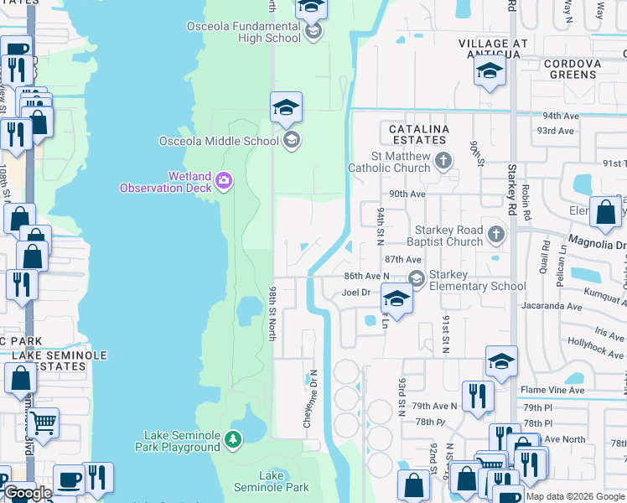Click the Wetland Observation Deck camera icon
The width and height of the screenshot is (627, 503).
(x=223, y=179)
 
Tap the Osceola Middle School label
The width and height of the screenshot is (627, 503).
(x=219, y=141)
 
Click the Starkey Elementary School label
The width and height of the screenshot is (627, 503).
(x=478, y=280)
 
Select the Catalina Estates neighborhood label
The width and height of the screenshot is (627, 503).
(x=419, y=135)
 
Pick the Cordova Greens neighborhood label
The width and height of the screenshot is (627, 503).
(x=583, y=69)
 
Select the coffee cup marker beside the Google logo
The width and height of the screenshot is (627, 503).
(x=68, y=480)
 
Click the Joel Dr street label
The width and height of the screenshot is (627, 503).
(x=356, y=293)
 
